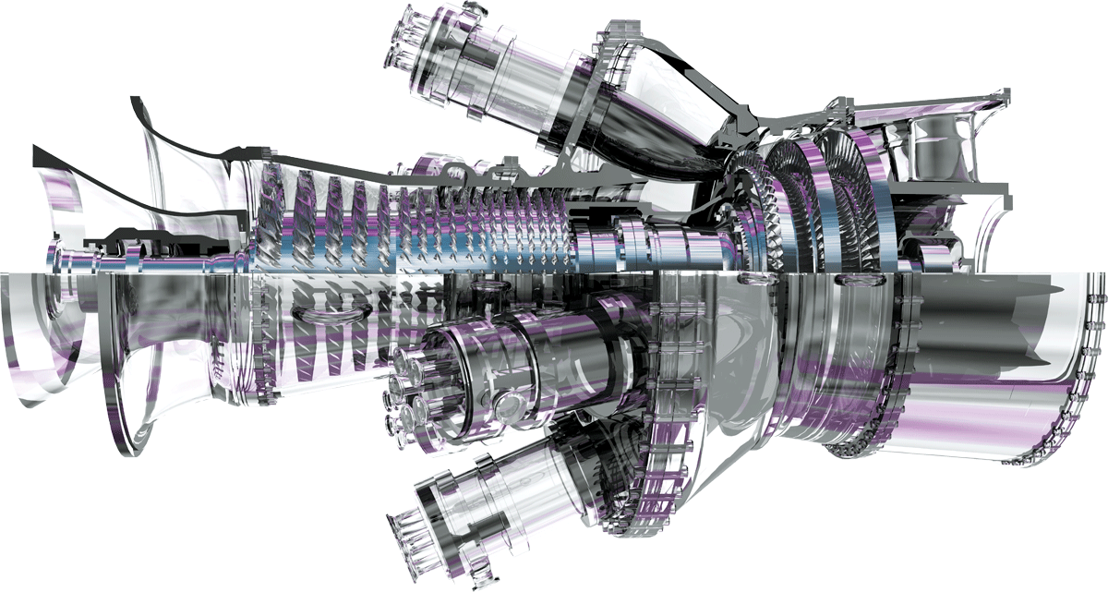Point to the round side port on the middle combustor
pyautogui.click(x=506, y=404)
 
